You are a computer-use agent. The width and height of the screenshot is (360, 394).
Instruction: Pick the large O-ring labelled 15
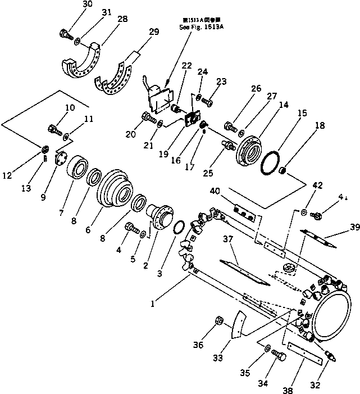[x=272, y=161]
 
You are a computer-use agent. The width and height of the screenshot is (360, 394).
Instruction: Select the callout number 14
[x=268, y=105]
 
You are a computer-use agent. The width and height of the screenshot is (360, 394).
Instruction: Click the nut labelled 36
[x=221, y=322]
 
